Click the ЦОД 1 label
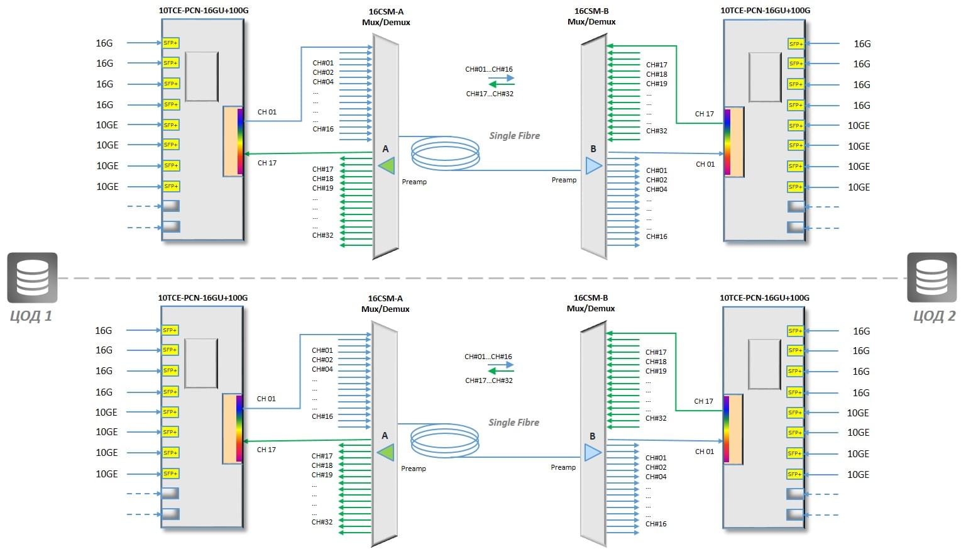(x=31, y=316)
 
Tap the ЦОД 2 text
(x=934, y=316)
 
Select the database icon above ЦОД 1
(x=32, y=277)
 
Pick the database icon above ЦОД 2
(x=932, y=277)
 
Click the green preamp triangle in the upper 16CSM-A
(x=387, y=166)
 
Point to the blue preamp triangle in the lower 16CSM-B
(x=593, y=453)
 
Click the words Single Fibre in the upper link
(x=515, y=136)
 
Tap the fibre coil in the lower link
(x=444, y=441)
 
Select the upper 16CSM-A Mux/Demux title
(x=386, y=17)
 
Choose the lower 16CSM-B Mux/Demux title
(x=591, y=303)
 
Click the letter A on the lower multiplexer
(x=385, y=436)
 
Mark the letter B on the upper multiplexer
(x=593, y=149)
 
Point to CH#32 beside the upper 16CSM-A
(x=322, y=235)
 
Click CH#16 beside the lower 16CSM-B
(x=656, y=524)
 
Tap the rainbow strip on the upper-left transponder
(x=240, y=141)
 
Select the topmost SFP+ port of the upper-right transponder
(x=796, y=43)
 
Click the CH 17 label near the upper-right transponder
(x=705, y=114)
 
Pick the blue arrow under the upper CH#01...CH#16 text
(x=502, y=78)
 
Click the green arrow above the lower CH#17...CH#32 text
(x=500, y=371)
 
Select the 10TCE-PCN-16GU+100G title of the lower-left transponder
(x=202, y=298)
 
